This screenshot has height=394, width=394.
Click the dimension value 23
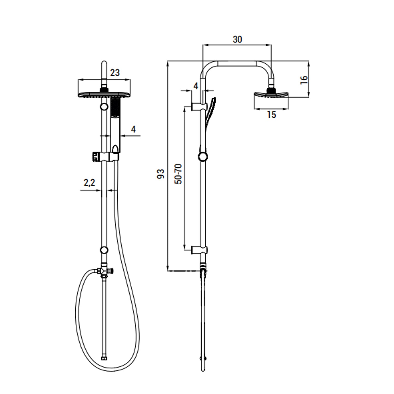pyautogui.click(x=115, y=73)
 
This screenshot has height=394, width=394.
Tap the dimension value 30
pyautogui.click(x=237, y=39)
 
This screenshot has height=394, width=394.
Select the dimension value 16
pyautogui.click(x=304, y=80)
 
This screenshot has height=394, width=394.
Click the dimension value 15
pyautogui.click(x=271, y=115)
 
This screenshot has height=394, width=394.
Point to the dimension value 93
pyautogui.click(x=160, y=174)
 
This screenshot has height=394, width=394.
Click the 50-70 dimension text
pyautogui.click(x=178, y=174)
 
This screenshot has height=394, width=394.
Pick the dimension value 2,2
pyautogui.click(x=89, y=183)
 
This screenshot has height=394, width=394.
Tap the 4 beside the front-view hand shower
pyautogui.click(x=133, y=129)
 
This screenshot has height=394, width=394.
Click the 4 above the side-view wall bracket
pyautogui.click(x=196, y=86)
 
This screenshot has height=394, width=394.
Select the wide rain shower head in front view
pyautogui.click(x=104, y=94)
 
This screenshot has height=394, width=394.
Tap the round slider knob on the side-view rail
pyautogui.click(x=203, y=157)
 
